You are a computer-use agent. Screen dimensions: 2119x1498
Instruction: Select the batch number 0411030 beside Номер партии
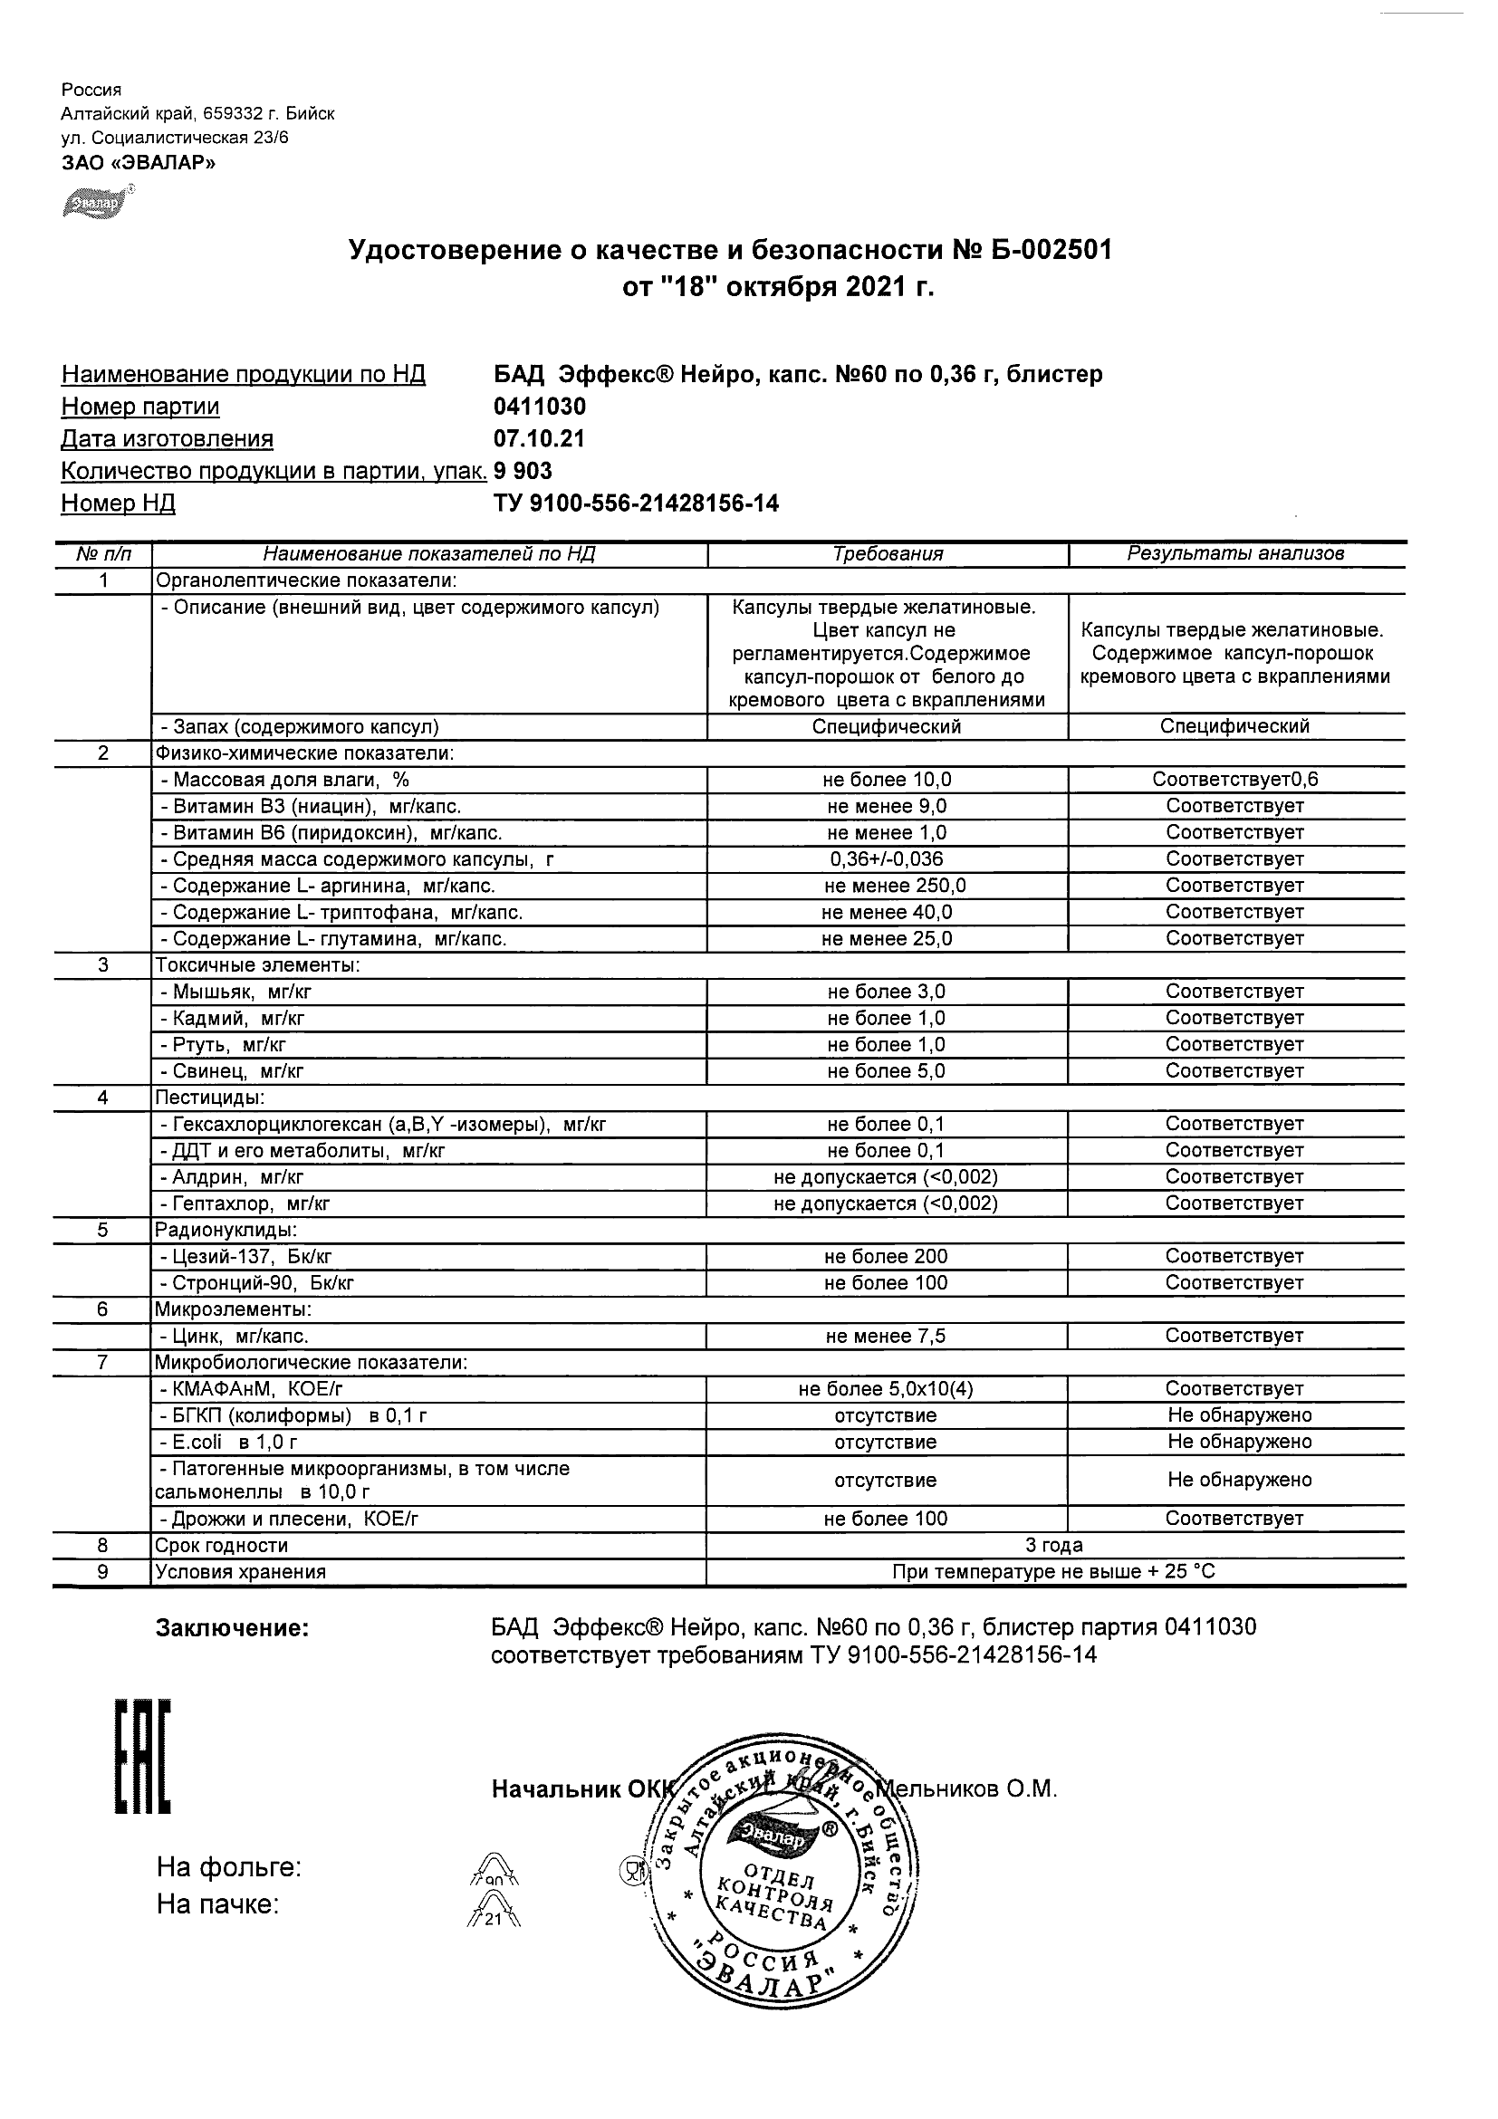(540, 407)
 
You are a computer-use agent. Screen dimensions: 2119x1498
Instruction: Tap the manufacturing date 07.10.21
(539, 439)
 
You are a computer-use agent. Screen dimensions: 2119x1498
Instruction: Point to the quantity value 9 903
(523, 472)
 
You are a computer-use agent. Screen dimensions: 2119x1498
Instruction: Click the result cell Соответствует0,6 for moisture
(1235, 780)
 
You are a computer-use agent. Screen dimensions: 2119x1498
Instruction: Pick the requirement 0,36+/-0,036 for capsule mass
(887, 859)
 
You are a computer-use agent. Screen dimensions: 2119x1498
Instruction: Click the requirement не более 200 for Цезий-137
(887, 1257)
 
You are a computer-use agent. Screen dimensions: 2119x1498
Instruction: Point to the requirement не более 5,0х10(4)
(887, 1389)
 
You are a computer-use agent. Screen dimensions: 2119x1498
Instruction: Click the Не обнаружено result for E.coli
(1239, 1442)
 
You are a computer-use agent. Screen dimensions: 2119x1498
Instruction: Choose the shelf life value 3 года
(1054, 1546)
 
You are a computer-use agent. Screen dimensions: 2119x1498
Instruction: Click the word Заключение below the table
(232, 1629)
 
